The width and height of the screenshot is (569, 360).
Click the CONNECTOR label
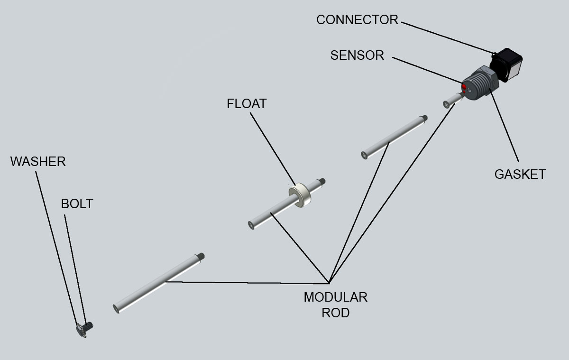357,20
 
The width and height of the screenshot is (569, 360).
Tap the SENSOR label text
357,55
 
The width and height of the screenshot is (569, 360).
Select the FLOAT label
247,104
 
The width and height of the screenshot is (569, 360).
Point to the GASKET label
520,174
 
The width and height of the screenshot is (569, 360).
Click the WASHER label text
38,162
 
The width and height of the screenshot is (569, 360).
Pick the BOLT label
77,204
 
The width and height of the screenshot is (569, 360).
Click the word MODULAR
336,297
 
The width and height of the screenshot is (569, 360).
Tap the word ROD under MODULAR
336,313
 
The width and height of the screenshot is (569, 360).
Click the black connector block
506,65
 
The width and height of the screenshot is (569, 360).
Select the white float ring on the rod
300,195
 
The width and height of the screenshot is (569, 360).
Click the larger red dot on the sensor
464,87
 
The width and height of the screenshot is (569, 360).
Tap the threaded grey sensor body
480,83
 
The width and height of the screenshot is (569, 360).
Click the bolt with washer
84,329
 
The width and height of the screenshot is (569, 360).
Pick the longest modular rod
158,283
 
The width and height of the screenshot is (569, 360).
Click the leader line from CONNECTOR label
448,38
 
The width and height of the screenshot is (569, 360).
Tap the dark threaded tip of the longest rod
201,256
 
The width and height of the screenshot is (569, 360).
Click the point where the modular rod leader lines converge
329,283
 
